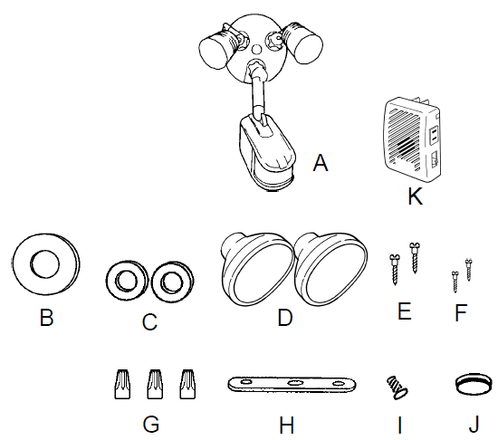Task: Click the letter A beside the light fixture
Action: (x=321, y=163)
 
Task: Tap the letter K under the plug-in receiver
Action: (x=415, y=196)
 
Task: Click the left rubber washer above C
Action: (x=127, y=281)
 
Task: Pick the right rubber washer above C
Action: (x=173, y=282)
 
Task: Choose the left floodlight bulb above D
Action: (x=256, y=269)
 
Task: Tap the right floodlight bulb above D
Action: (x=330, y=269)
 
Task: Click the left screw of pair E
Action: (x=395, y=270)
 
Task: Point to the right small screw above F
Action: (x=468, y=270)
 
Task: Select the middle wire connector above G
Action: (x=155, y=384)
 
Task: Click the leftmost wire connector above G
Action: (x=122, y=384)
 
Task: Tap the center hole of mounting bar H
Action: (x=293, y=383)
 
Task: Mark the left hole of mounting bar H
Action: (x=245, y=382)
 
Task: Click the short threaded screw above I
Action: (x=397, y=387)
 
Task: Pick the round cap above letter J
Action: (x=474, y=384)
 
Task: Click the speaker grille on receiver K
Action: (x=406, y=136)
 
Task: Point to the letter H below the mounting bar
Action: (x=286, y=426)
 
